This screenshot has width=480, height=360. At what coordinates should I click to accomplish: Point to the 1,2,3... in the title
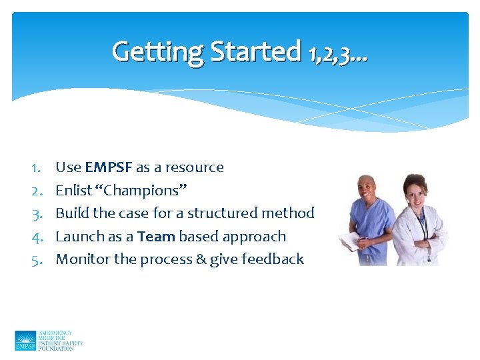338,53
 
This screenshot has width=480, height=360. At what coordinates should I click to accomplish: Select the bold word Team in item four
156,237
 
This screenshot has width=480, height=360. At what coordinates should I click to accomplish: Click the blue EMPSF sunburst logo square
25,340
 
